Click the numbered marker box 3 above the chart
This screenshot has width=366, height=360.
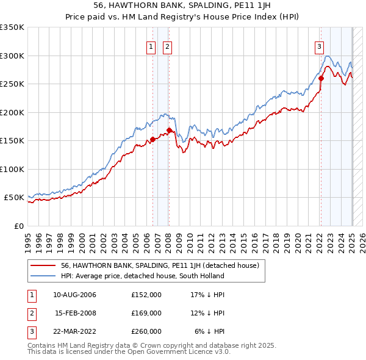pos(319,45)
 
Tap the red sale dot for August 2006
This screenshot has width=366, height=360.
pos(152,139)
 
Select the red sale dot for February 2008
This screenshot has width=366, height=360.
pos(169,130)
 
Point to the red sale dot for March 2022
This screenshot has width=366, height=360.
pos(321,78)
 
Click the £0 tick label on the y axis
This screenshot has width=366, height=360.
pos(20,226)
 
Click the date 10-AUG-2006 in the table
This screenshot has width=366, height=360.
pos(75,295)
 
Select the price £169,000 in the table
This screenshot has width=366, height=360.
pos(146,313)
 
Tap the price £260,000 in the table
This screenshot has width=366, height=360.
pos(146,331)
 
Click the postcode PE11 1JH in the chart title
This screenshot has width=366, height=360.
pos(206,5)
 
